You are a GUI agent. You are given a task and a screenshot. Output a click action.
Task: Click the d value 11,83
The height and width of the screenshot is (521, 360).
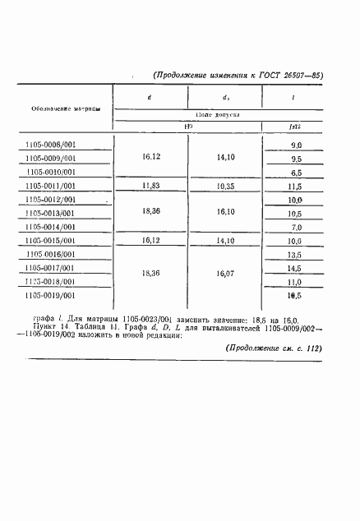tap(150, 187)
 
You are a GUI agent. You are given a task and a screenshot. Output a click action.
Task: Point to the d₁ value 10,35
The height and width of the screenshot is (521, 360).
tap(224, 187)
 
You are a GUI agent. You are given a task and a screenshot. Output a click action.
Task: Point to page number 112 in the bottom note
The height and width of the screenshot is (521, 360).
tap(310, 348)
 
